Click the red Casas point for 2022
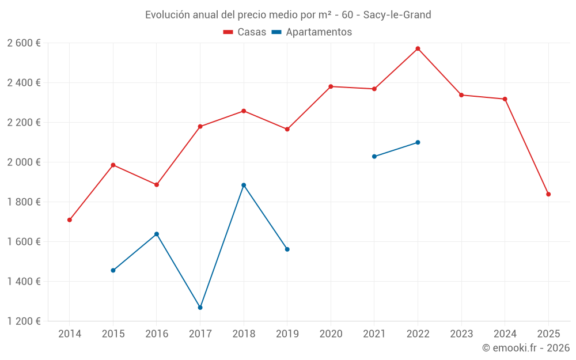[x=418, y=48]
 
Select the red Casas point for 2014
[x=70, y=219]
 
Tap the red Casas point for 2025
[x=548, y=194]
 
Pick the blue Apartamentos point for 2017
[x=200, y=308]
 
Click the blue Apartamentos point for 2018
[x=244, y=185]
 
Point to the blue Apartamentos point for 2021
[x=374, y=156]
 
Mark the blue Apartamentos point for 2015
[x=113, y=270]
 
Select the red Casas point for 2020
[x=331, y=86]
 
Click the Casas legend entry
[x=245, y=32]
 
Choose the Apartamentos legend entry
[x=312, y=32]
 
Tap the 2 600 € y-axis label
[x=24, y=43]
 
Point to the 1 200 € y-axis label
[x=24, y=321]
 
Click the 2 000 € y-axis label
[x=24, y=162]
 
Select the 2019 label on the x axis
[x=287, y=334]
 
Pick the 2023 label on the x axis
[x=461, y=334]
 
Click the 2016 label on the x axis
[x=157, y=334]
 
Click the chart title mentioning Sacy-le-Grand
[x=288, y=15]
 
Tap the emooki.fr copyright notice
[x=525, y=348]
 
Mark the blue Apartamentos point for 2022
[x=418, y=142]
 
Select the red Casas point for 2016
[x=157, y=184]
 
